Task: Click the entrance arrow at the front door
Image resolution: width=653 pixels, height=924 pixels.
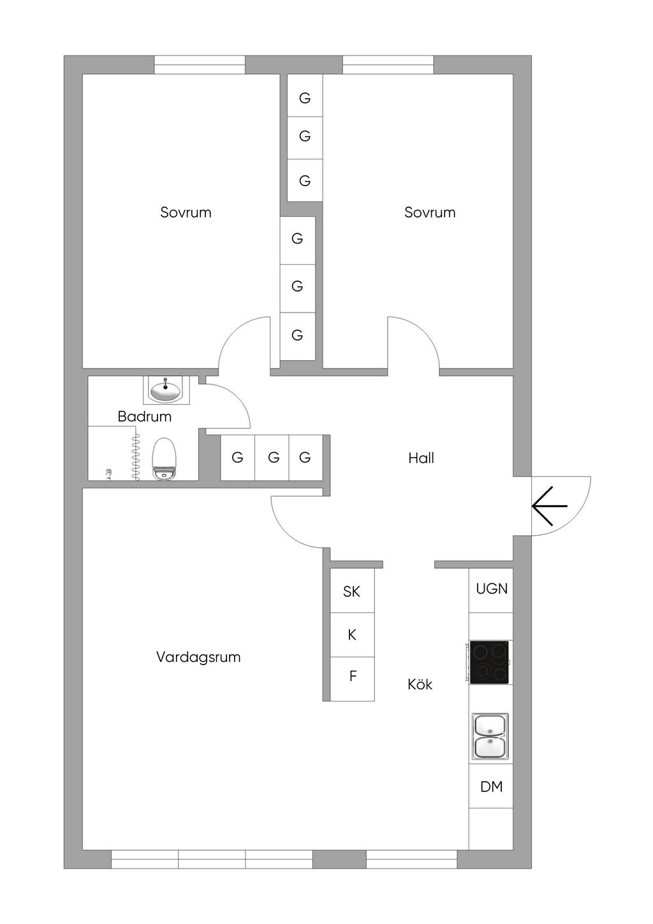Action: point(549,506)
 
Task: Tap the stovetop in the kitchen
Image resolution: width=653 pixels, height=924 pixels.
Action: point(489,663)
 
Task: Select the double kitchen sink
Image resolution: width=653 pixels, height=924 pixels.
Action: point(490,737)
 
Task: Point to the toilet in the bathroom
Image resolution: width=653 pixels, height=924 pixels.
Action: point(164,458)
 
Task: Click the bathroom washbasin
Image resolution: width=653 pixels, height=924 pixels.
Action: point(165,390)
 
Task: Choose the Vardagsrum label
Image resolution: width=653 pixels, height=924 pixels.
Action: point(198,657)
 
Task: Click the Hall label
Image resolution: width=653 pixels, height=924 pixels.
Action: point(421,458)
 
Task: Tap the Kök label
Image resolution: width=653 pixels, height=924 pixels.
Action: point(420,684)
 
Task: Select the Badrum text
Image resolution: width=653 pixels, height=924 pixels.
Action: point(145,416)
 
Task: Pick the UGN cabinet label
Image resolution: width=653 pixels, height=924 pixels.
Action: point(492,589)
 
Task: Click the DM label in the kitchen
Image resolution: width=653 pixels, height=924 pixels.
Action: point(491,786)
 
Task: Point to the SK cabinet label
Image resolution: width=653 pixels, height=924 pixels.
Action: point(351,592)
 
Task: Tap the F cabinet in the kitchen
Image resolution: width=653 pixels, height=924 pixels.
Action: point(353,677)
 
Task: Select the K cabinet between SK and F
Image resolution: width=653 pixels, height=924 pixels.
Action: point(352,635)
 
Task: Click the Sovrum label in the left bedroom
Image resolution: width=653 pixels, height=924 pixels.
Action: point(186,212)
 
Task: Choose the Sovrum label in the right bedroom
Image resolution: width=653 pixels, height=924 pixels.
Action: point(430,212)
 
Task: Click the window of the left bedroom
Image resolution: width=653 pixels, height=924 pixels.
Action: point(200,65)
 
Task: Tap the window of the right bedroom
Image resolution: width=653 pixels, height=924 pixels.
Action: point(388,65)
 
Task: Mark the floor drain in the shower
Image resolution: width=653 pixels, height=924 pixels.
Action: point(109,474)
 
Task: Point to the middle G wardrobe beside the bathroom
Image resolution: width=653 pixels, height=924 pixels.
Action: point(274,457)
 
